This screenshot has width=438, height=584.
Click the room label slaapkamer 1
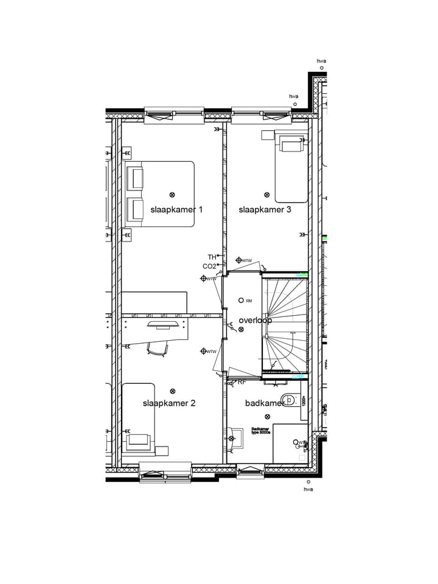click(176, 210)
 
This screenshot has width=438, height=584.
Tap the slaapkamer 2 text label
click(169, 403)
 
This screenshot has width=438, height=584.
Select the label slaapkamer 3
click(265, 210)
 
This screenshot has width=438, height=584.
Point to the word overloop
click(255, 320)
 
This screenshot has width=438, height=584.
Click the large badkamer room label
click(265, 403)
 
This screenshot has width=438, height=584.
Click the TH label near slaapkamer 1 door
click(212, 257)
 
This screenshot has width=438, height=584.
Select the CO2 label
click(209, 266)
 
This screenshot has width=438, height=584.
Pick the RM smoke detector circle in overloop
click(242, 301)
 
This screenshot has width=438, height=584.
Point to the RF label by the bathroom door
click(242, 383)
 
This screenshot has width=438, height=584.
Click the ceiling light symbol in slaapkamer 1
click(172, 195)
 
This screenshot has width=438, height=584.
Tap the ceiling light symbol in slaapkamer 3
click(266, 195)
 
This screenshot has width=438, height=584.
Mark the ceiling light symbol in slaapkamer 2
click(173, 391)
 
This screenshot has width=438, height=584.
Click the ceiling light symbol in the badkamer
click(268, 417)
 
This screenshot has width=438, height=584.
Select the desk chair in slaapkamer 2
click(158, 348)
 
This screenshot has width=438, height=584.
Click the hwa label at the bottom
click(308, 489)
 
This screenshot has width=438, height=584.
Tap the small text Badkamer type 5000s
click(262, 431)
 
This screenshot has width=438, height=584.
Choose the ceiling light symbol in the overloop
click(242, 329)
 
